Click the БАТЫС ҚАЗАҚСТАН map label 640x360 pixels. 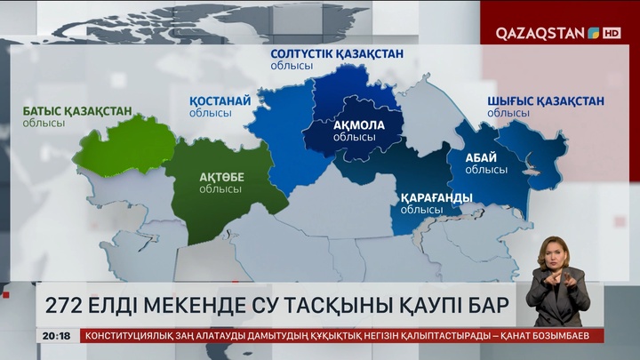tap(77, 111)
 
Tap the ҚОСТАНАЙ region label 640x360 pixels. tap(221, 101)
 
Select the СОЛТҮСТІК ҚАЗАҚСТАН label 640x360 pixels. tap(336, 54)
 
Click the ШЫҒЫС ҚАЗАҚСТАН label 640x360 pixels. tap(545, 100)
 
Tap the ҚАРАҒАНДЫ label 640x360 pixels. tap(436, 197)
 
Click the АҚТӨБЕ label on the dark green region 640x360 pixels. tap(221, 177)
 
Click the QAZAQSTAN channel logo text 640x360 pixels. tap(540, 33)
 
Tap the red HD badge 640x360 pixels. tap(612, 33)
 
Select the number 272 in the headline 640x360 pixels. tap(59, 307)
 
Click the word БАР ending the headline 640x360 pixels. tap(488, 307)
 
